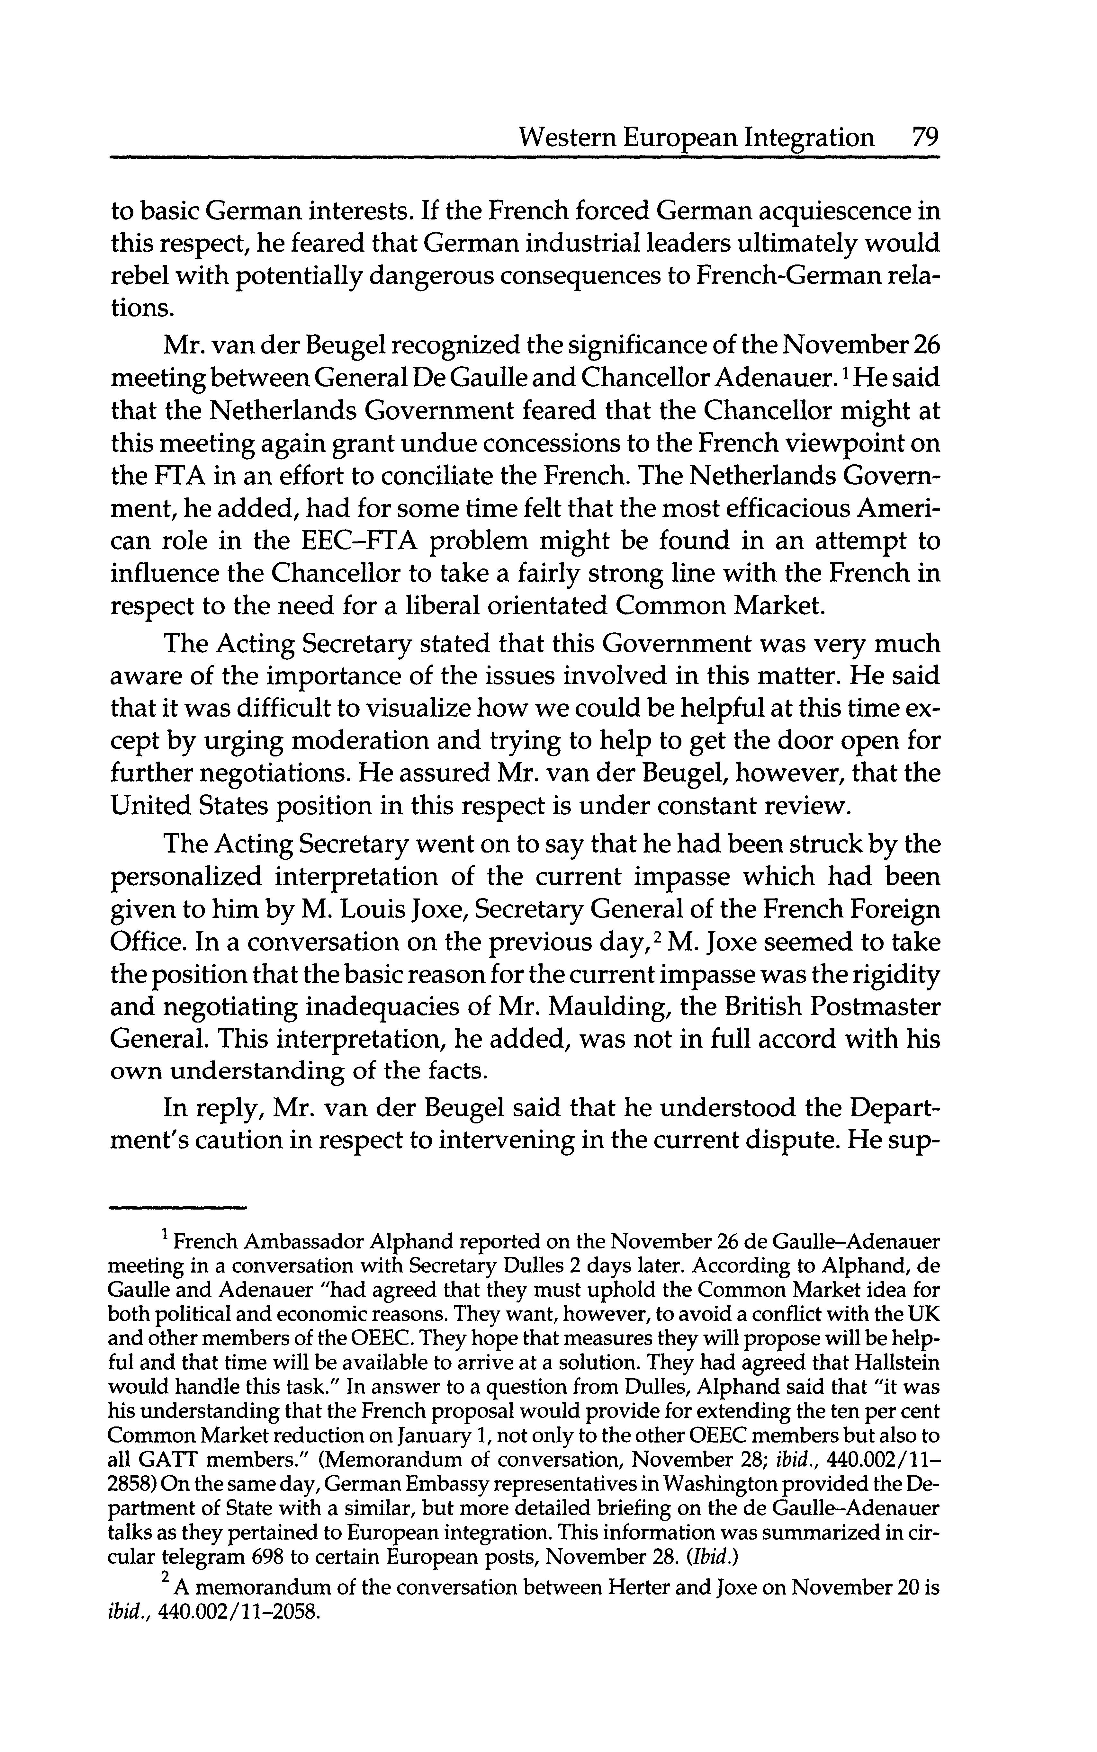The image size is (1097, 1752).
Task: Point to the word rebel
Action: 139,276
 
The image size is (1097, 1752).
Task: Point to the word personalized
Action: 184,877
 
